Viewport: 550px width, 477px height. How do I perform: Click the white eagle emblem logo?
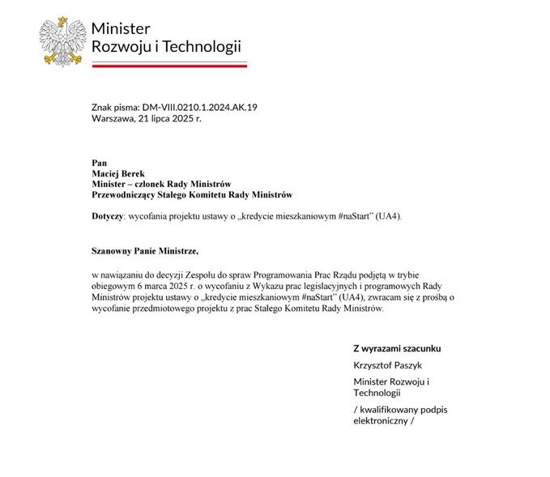point(63,40)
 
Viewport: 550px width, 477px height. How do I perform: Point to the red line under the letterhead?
point(169,66)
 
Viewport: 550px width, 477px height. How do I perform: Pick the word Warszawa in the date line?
point(113,118)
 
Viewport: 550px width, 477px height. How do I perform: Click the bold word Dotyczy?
point(109,216)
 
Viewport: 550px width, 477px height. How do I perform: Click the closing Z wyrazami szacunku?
point(397,348)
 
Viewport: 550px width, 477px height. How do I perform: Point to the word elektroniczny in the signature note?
point(380,421)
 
